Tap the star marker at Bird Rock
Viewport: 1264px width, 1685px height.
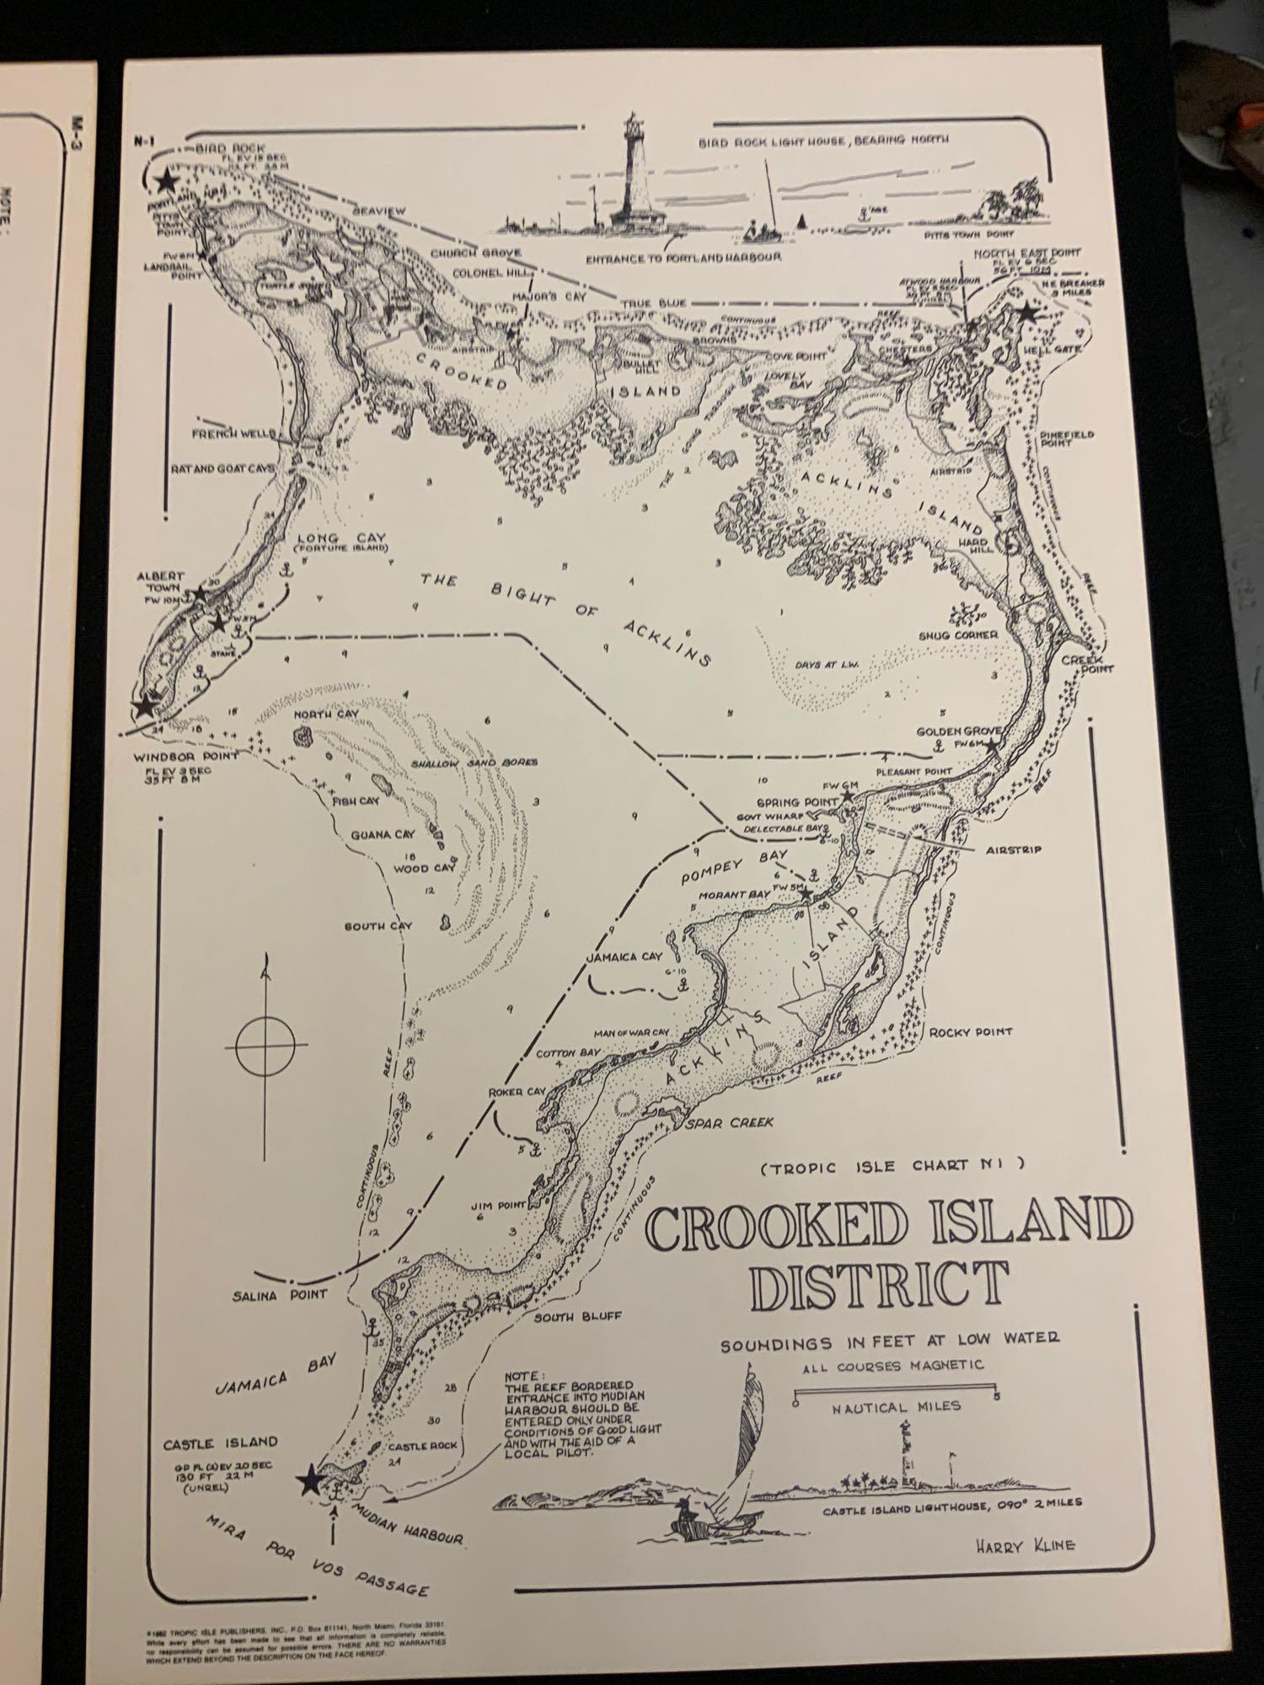[x=166, y=180]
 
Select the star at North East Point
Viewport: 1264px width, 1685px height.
[x=1027, y=313]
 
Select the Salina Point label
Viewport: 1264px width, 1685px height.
[x=280, y=1296]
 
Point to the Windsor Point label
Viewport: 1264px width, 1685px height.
[x=186, y=756]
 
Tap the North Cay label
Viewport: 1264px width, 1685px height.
[x=326, y=714]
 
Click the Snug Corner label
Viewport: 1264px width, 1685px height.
[x=958, y=634]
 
